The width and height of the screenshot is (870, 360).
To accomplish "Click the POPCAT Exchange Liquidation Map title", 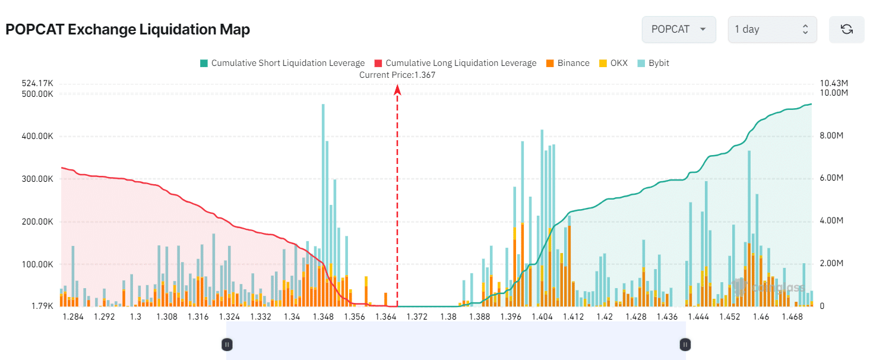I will (x=128, y=30).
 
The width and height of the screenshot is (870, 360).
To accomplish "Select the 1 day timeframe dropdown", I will (x=771, y=29).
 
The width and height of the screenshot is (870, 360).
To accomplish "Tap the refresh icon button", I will (x=847, y=29).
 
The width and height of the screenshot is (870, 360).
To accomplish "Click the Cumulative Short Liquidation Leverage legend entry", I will (x=282, y=63).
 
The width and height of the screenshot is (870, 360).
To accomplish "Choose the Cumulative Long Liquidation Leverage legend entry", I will (x=455, y=63).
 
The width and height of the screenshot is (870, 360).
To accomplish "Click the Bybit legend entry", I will (x=653, y=63).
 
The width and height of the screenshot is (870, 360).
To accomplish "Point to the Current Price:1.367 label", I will (x=397, y=75).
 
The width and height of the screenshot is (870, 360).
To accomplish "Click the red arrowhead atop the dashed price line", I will (x=397, y=90).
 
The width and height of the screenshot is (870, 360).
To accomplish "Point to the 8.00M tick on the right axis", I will (x=831, y=136).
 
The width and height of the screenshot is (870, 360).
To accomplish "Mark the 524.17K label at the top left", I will (x=37, y=83).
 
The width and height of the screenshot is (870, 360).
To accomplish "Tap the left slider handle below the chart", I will (x=227, y=344).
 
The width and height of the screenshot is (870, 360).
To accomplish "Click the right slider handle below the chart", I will (x=685, y=344).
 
